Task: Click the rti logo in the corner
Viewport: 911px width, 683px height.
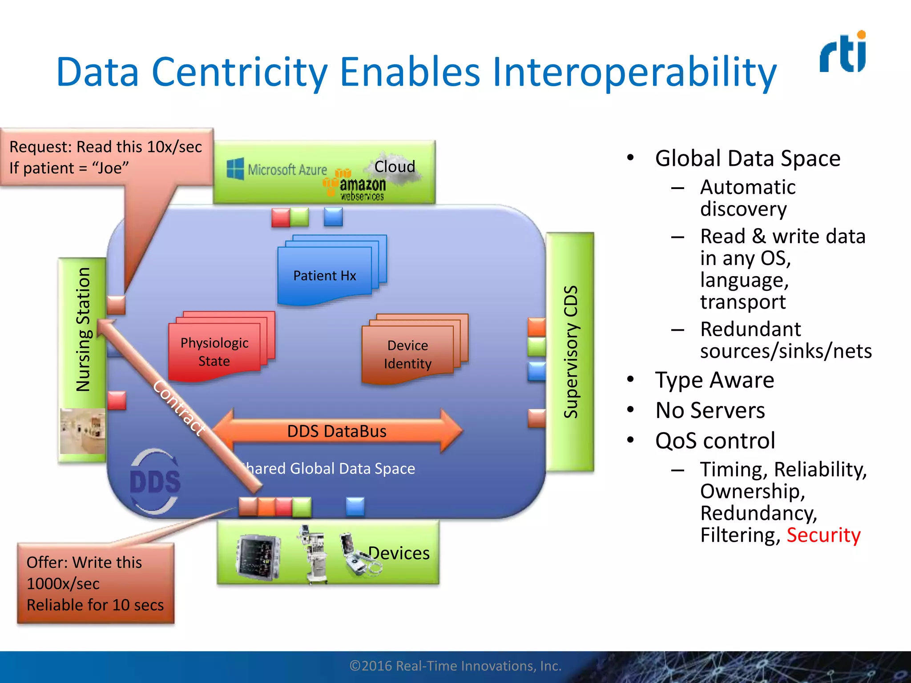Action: tap(843, 52)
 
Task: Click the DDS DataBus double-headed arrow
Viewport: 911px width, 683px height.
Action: tap(337, 431)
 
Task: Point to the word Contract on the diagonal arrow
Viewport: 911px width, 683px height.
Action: tap(179, 407)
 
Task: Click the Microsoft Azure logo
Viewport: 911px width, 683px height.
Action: tap(277, 169)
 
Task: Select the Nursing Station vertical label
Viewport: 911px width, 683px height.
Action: tap(83, 329)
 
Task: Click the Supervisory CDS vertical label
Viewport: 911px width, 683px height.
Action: tap(570, 351)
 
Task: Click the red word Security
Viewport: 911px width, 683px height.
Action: tap(823, 534)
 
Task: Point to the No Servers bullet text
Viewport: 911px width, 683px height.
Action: tap(710, 410)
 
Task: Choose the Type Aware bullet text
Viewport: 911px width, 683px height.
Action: tap(714, 380)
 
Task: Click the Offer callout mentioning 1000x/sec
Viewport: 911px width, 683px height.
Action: tap(95, 583)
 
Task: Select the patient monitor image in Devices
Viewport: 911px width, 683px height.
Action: tap(258, 556)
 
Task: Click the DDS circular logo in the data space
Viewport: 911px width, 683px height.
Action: tap(155, 481)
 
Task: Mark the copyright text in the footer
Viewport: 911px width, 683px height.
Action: tap(455, 666)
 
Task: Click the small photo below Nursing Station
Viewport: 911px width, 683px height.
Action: tap(83, 431)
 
